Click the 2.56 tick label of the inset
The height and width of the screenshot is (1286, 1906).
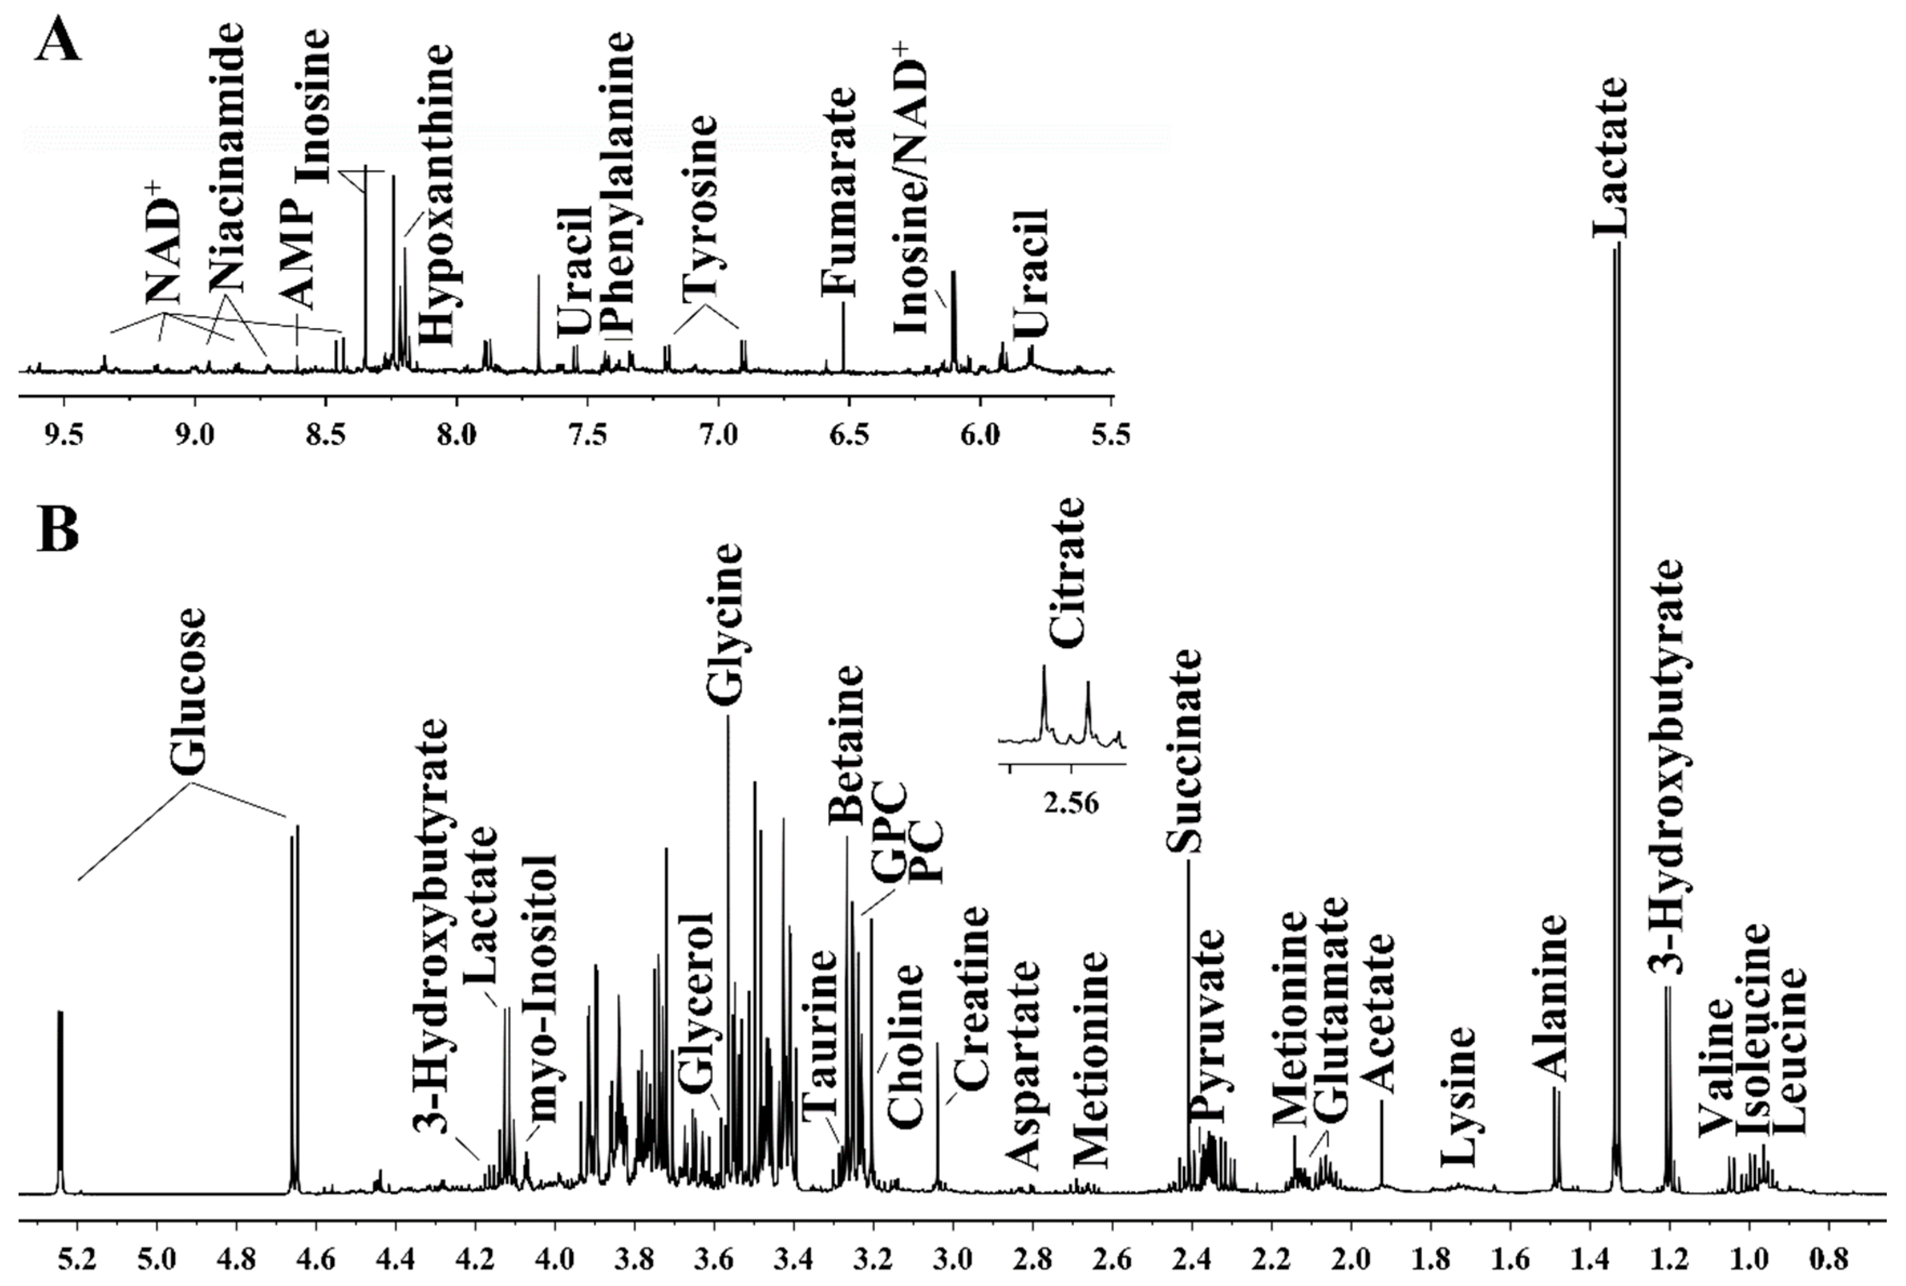pos(1071,804)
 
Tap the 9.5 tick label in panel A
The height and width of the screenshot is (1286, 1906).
pos(63,434)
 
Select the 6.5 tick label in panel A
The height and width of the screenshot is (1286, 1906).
pos(849,434)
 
